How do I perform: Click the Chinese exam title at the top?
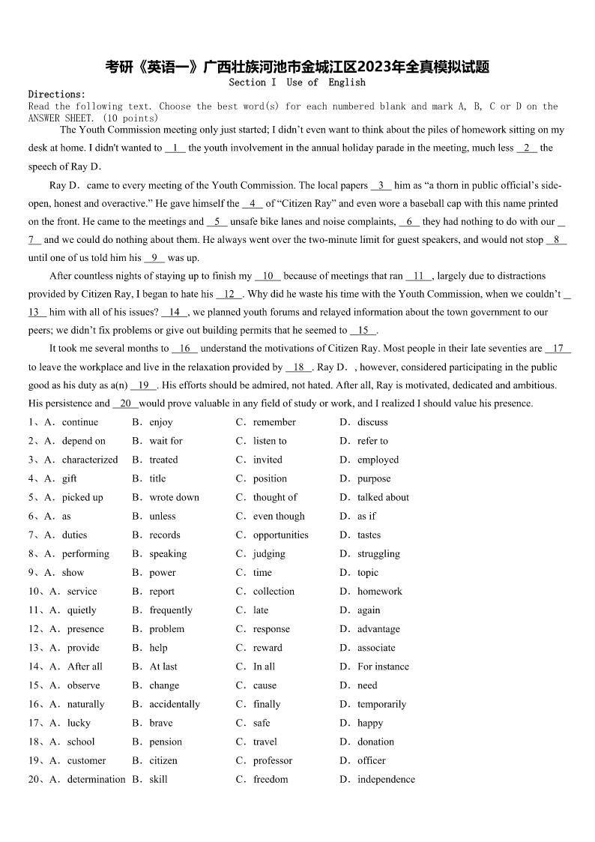point(297,67)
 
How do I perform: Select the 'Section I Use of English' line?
point(297,82)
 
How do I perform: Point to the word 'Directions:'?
point(57,94)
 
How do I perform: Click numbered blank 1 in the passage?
point(175,148)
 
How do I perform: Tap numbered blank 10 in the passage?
point(268,276)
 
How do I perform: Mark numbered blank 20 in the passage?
point(125,403)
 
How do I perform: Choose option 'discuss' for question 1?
point(372,422)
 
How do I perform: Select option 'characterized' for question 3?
point(89,460)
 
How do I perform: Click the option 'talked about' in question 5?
point(383,497)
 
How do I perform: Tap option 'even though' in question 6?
point(279,516)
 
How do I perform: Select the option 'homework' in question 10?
point(379,591)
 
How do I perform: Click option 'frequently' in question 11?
point(171,610)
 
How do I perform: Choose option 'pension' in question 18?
point(166,742)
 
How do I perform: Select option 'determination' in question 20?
point(96,779)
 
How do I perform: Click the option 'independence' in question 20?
point(386,779)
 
